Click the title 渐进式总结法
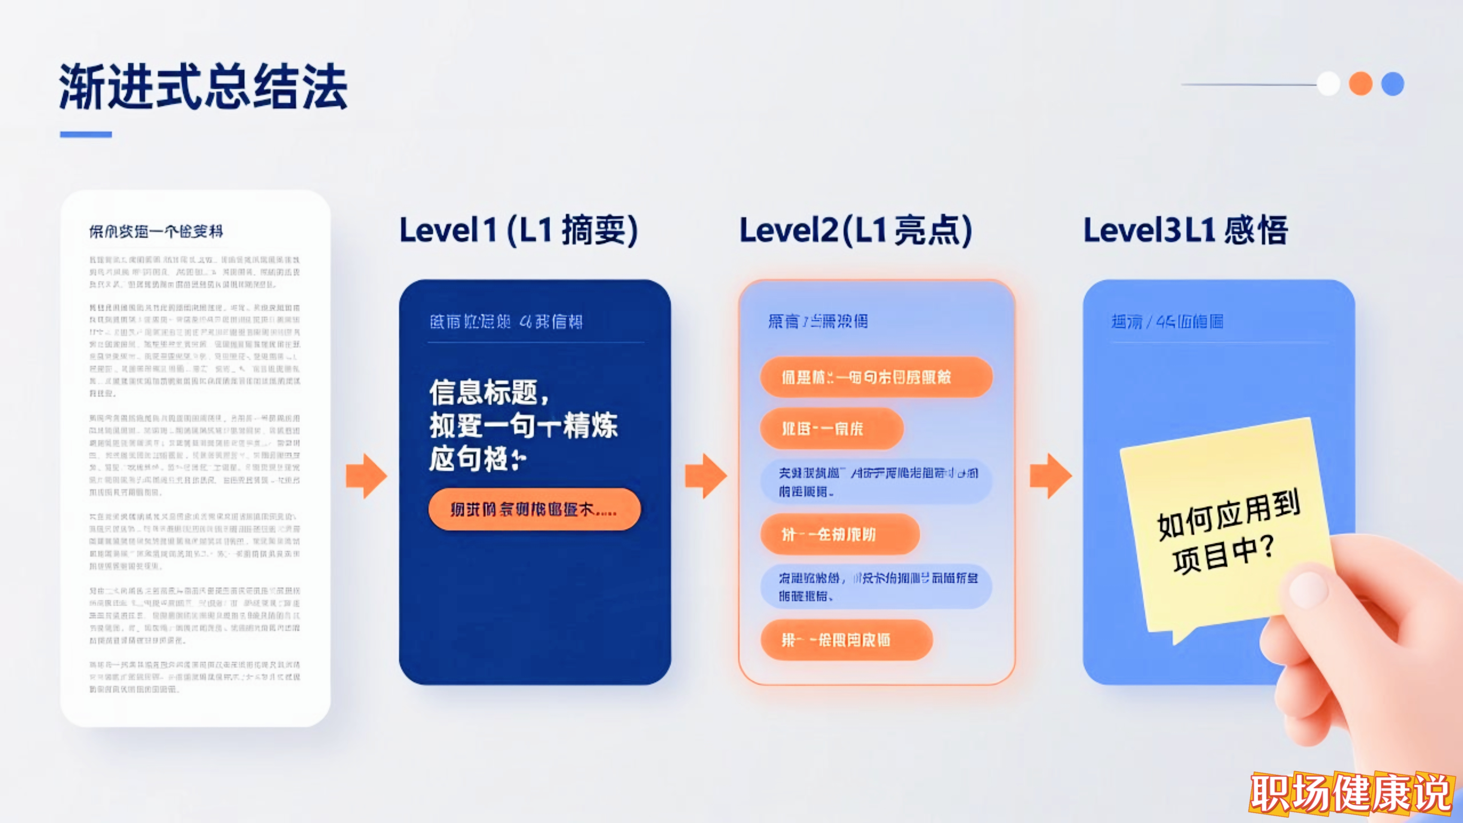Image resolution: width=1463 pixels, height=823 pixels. (203, 86)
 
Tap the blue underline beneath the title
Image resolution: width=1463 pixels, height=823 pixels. (86, 135)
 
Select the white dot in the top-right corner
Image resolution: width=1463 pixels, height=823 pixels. (1328, 84)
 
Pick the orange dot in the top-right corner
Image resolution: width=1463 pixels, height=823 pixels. (1360, 84)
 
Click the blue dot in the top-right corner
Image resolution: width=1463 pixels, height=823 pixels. (1393, 84)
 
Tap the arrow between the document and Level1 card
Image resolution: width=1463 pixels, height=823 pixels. (366, 476)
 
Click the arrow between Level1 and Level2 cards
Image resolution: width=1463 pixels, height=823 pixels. (705, 476)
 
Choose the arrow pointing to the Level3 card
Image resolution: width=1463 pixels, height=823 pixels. (1051, 476)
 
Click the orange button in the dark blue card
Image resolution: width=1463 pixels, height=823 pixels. (534, 509)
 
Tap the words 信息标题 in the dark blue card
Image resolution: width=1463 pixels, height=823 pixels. (483, 392)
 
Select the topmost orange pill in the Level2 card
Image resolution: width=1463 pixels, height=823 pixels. (876, 377)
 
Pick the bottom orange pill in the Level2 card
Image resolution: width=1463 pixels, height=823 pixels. (846, 640)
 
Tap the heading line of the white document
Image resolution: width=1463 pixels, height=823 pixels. (156, 231)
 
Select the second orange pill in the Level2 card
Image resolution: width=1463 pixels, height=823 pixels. (832, 428)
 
